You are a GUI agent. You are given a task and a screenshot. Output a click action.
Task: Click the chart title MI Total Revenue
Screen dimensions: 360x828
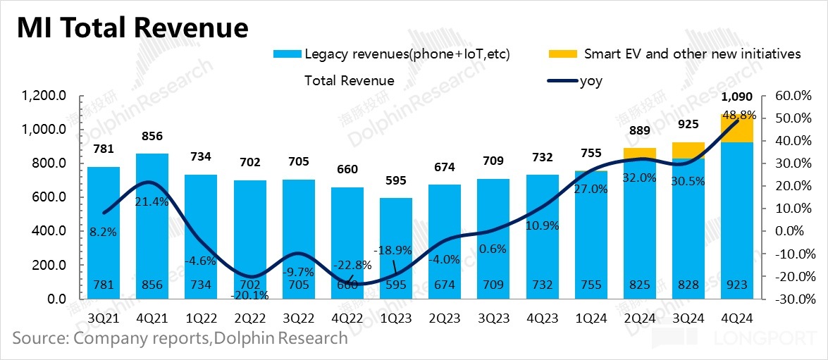coord(132,27)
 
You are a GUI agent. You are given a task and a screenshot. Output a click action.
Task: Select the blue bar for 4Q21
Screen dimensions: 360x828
coord(152,225)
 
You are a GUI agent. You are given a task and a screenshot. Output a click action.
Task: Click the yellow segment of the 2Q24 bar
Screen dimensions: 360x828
coord(640,154)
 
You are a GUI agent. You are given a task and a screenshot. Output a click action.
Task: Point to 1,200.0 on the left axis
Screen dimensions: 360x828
coord(44,96)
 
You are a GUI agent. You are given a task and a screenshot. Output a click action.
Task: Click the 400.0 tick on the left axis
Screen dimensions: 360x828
coord(47,231)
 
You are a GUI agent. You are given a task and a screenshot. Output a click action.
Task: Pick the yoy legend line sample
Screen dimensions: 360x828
coord(562,81)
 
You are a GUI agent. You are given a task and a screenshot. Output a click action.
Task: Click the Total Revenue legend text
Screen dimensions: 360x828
coord(349,80)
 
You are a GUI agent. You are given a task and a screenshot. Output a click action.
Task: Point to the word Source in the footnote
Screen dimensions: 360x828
coord(38,338)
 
